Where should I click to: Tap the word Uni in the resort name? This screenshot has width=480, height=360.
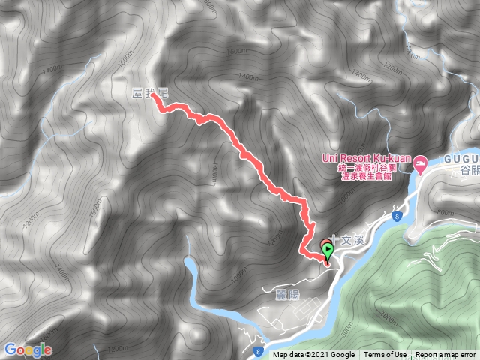tap(330, 158)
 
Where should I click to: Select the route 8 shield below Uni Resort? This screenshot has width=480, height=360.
tap(395, 216)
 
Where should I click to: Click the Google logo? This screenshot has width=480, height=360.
tap(27, 349)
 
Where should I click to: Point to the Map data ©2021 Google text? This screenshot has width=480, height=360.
tap(313, 355)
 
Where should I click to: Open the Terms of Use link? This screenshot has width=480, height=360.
tap(385, 355)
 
